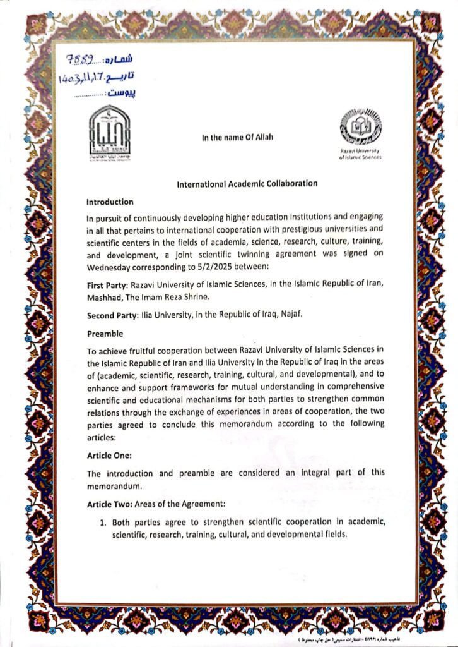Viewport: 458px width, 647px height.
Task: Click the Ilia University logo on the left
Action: pyautogui.click(x=110, y=132)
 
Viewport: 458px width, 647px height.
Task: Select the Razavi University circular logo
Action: pyautogui.click(x=360, y=128)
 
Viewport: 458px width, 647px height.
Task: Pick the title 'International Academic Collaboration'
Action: pyautogui.click(x=247, y=183)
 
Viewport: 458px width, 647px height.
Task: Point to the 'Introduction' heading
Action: pyautogui.click(x=110, y=202)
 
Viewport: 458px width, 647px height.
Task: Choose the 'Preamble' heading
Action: pyautogui.click(x=105, y=334)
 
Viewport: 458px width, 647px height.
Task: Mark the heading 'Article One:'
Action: pyautogui.click(x=110, y=454)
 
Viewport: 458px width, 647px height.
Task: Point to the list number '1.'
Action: pyautogui.click(x=103, y=523)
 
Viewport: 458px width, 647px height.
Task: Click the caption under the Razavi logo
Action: pyautogui.click(x=360, y=155)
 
